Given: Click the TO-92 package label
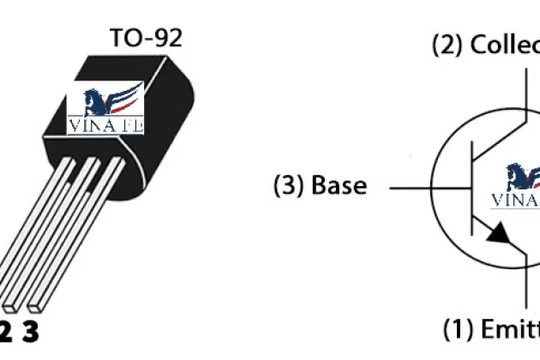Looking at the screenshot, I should point(146,38).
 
